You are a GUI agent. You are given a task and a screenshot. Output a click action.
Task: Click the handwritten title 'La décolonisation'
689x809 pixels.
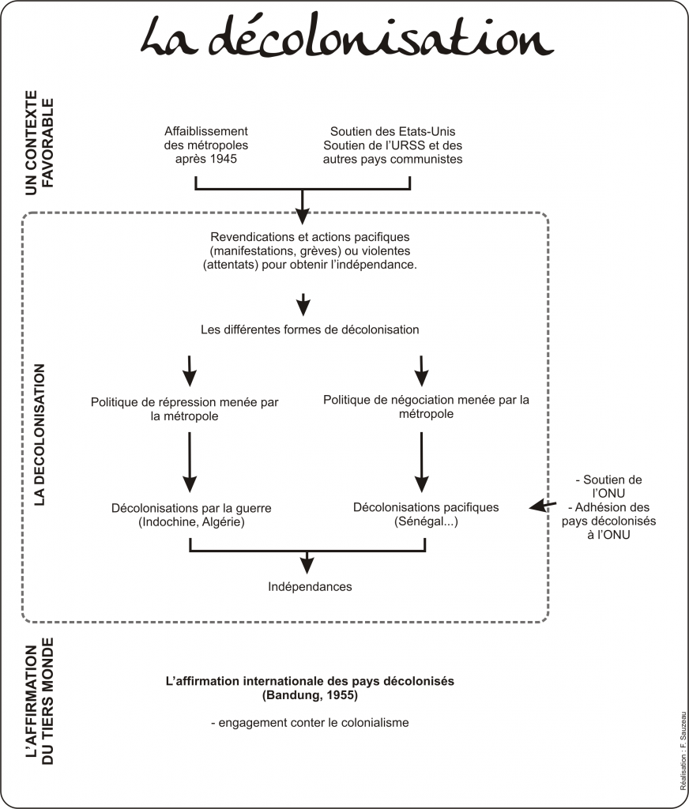pyautogui.click(x=347, y=37)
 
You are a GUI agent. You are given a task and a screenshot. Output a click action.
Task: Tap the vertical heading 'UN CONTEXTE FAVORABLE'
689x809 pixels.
pyautogui.click(x=40, y=143)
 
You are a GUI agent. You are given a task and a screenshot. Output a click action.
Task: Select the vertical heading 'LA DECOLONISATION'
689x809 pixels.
pyautogui.click(x=40, y=435)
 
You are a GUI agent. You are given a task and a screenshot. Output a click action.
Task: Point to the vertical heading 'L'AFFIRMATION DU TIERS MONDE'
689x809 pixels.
pyautogui.click(x=40, y=701)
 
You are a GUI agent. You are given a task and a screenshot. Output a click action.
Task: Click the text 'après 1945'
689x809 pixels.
pyautogui.click(x=206, y=159)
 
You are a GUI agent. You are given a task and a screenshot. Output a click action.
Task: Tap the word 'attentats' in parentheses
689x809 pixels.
pyautogui.click(x=230, y=265)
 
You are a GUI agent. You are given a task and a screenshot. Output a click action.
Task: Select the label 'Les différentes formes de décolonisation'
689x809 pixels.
pyautogui.click(x=310, y=329)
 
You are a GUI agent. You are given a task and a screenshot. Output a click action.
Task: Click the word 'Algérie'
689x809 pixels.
pyautogui.click(x=224, y=522)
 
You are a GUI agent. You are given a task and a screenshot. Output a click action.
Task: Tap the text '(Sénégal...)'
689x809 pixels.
pyautogui.click(x=426, y=521)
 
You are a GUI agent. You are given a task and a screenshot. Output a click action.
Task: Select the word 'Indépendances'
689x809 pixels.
pyautogui.click(x=310, y=587)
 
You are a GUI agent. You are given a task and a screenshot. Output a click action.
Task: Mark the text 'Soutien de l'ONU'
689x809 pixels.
pyautogui.click(x=609, y=487)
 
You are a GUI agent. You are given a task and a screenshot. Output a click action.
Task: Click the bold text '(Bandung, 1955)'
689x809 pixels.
pyautogui.click(x=310, y=695)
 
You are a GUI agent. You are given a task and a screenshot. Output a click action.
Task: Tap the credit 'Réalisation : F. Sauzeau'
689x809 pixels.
pyautogui.click(x=683, y=751)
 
